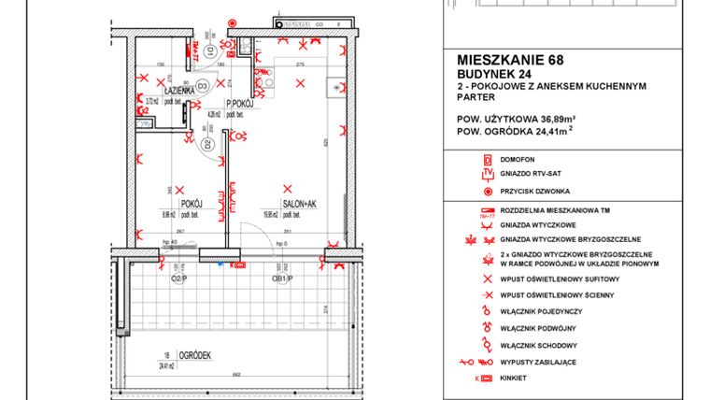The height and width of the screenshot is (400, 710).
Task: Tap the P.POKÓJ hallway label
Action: pyautogui.click(x=242, y=103)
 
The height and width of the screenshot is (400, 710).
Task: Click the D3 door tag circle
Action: pyautogui.click(x=202, y=87)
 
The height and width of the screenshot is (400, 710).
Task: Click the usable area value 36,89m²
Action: pyautogui.click(x=554, y=119)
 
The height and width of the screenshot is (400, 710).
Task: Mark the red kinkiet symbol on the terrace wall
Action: pyautogui.click(x=238, y=265)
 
